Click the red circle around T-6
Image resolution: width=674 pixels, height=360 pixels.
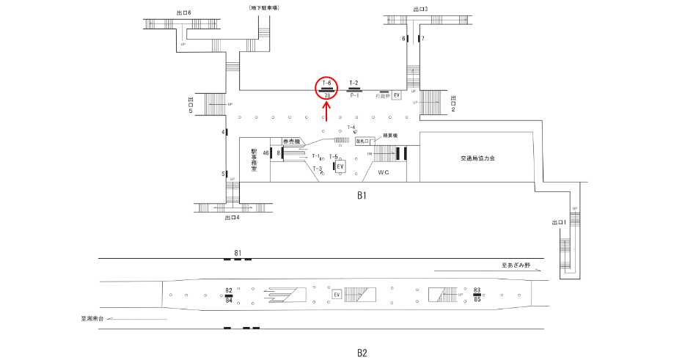click(327, 88)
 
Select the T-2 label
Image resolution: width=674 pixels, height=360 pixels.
click(354, 83)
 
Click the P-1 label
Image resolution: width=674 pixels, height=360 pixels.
click(354, 95)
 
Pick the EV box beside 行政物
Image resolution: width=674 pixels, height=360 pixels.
click(397, 95)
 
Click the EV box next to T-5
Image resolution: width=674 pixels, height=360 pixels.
click(340, 166)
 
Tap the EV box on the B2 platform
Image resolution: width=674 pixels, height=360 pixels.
click(337, 294)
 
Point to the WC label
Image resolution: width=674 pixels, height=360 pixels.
click(383, 172)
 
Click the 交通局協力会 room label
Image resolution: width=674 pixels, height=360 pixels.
click(477, 158)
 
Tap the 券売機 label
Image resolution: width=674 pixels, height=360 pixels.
click(292, 141)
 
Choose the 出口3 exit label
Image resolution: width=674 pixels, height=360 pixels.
click(420, 10)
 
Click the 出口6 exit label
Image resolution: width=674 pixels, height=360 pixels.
click(183, 12)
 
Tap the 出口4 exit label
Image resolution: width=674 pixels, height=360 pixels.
click(232, 217)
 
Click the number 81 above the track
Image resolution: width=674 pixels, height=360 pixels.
click(238, 253)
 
